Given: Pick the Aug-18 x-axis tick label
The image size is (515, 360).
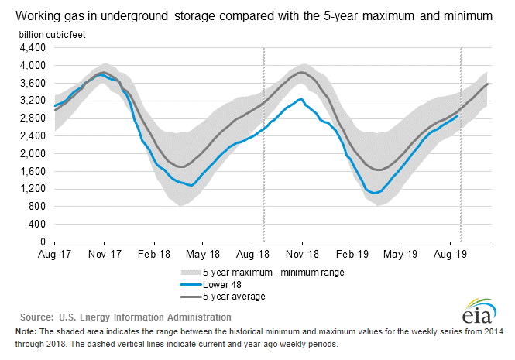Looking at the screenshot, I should (x=252, y=253).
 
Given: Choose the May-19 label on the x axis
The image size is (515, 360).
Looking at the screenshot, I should (x=400, y=253).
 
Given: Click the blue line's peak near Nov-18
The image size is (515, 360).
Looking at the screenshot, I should (x=300, y=98).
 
